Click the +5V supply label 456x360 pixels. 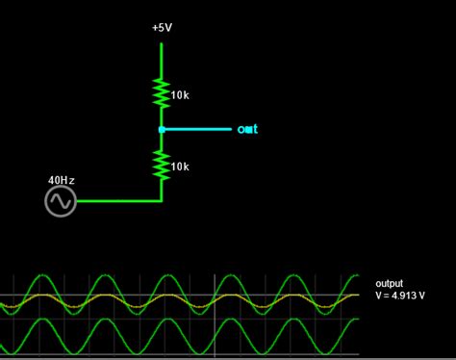click(x=162, y=28)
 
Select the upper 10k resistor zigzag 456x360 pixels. click(x=162, y=93)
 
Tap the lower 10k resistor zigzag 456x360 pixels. click(x=162, y=166)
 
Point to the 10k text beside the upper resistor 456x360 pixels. click(x=180, y=95)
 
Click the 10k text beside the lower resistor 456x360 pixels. click(x=180, y=167)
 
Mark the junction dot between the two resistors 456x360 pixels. click(x=162, y=129)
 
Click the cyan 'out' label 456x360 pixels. click(x=248, y=129)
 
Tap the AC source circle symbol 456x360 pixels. click(x=60, y=201)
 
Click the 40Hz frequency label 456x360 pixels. click(x=62, y=180)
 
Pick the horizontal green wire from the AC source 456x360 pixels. click(x=117, y=201)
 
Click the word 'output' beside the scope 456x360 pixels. click(x=390, y=284)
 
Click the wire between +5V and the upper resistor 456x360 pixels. click(x=162, y=56)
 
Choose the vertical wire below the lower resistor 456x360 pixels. click(x=162, y=192)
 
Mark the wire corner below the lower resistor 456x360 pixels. click(x=162, y=201)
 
